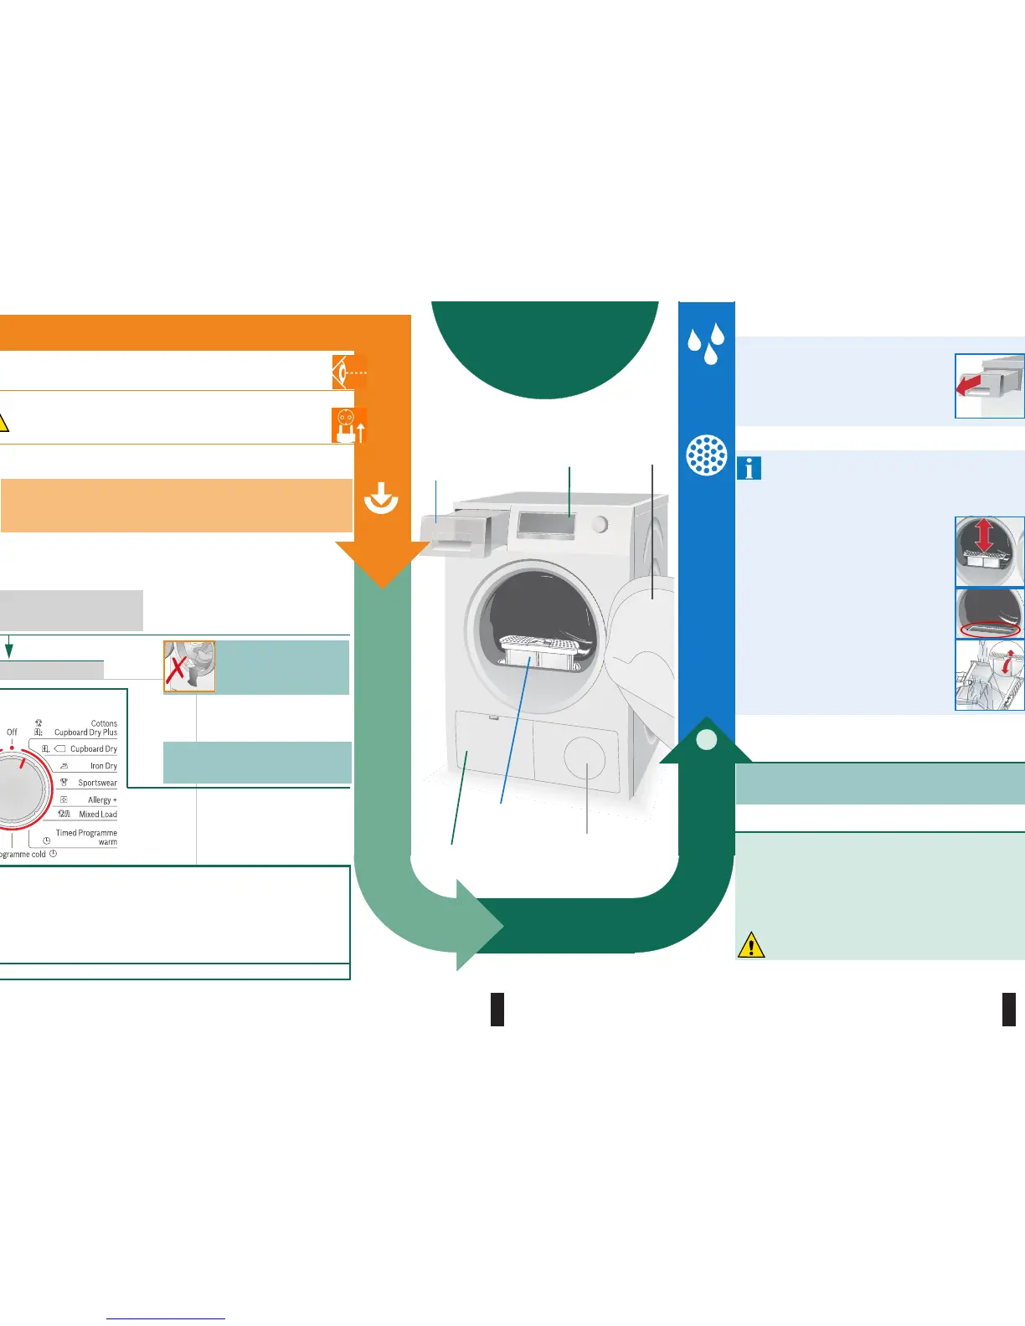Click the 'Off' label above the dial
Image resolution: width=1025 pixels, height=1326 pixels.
pos(12,732)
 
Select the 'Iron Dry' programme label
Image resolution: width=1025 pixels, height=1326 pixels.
pos(103,766)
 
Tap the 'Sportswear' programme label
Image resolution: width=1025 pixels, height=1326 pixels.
pos(97,783)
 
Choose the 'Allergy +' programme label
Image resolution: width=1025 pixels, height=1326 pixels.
pos(102,800)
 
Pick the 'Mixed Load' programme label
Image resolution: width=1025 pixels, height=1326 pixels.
pos(97,815)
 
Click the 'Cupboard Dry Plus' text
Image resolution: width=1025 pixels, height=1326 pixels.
pos(85,732)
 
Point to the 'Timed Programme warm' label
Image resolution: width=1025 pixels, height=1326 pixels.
pos(86,837)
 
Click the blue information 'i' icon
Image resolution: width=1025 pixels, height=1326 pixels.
pos(749,469)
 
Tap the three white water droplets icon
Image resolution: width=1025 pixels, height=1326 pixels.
pos(705,342)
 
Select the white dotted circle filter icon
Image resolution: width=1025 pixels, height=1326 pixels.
pos(706,455)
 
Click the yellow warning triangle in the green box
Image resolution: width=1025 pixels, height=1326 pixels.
pos(751,945)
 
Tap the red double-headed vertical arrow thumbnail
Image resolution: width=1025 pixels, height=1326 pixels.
pos(984,536)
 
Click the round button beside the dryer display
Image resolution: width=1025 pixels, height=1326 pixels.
pos(600,524)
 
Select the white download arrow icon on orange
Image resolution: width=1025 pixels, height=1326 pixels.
pos(381,500)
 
